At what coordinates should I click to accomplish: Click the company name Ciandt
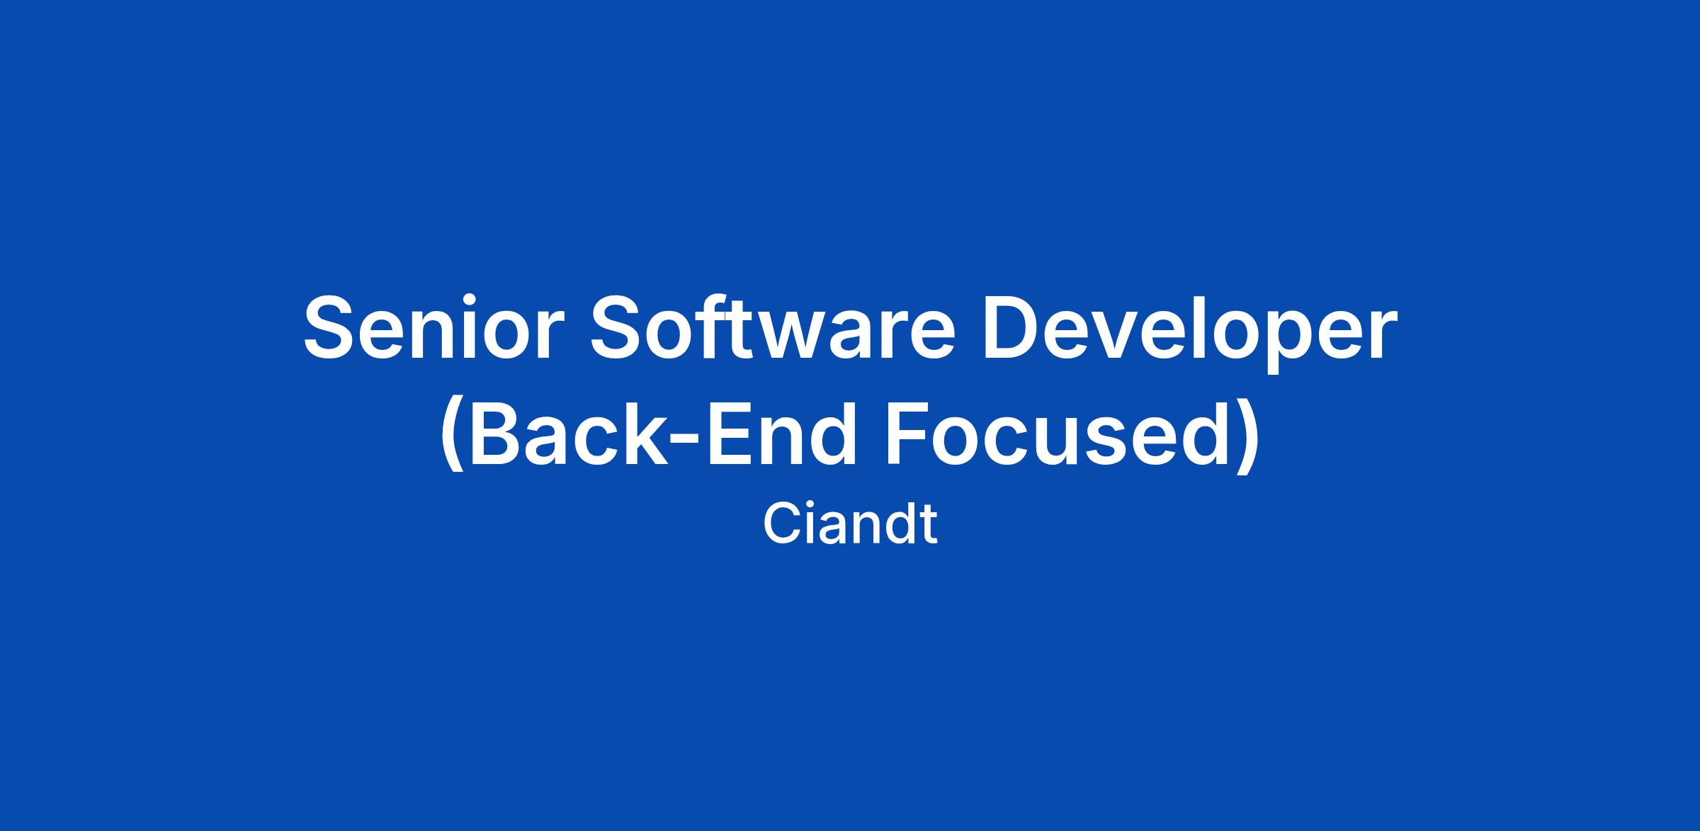850,524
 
